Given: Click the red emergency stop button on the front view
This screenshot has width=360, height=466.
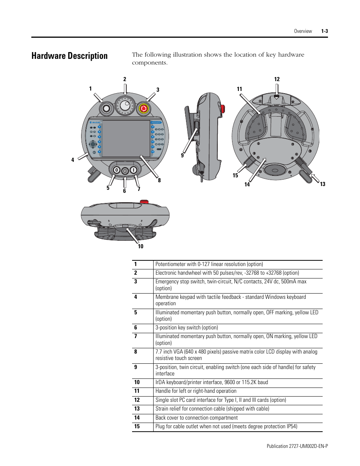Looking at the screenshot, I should tap(144, 109).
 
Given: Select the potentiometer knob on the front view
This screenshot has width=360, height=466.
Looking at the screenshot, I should tap(106, 109).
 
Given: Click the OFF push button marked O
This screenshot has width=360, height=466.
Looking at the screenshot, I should tap(117, 170).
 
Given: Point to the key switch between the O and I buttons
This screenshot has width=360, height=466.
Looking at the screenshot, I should tap(125, 171).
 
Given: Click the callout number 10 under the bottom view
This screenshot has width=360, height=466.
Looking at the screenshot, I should tap(140, 246).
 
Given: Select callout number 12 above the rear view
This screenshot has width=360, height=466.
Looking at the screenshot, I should tap(277, 79).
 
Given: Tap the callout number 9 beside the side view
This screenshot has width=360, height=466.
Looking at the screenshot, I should tap(182, 155).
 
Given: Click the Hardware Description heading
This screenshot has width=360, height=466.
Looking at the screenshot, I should tap(69, 56).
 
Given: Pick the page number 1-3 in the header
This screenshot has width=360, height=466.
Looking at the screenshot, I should tap(325, 31).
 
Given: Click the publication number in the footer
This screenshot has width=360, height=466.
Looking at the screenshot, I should tap(297, 446).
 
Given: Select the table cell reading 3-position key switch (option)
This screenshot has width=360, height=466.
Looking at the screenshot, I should tap(186, 328).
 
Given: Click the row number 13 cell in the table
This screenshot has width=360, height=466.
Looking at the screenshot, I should tap(137, 409).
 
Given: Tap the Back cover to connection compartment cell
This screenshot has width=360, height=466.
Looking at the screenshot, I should tap(196, 418).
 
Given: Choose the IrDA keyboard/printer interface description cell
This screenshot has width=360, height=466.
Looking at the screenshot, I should tap(211, 382).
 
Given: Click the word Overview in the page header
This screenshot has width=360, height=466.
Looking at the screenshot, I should tap(303, 31).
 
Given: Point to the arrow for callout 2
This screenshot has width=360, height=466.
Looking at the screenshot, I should tap(125, 89).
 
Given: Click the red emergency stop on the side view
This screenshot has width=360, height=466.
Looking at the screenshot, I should tap(223, 109).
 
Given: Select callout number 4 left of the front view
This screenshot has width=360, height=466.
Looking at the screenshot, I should tap(73, 160).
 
